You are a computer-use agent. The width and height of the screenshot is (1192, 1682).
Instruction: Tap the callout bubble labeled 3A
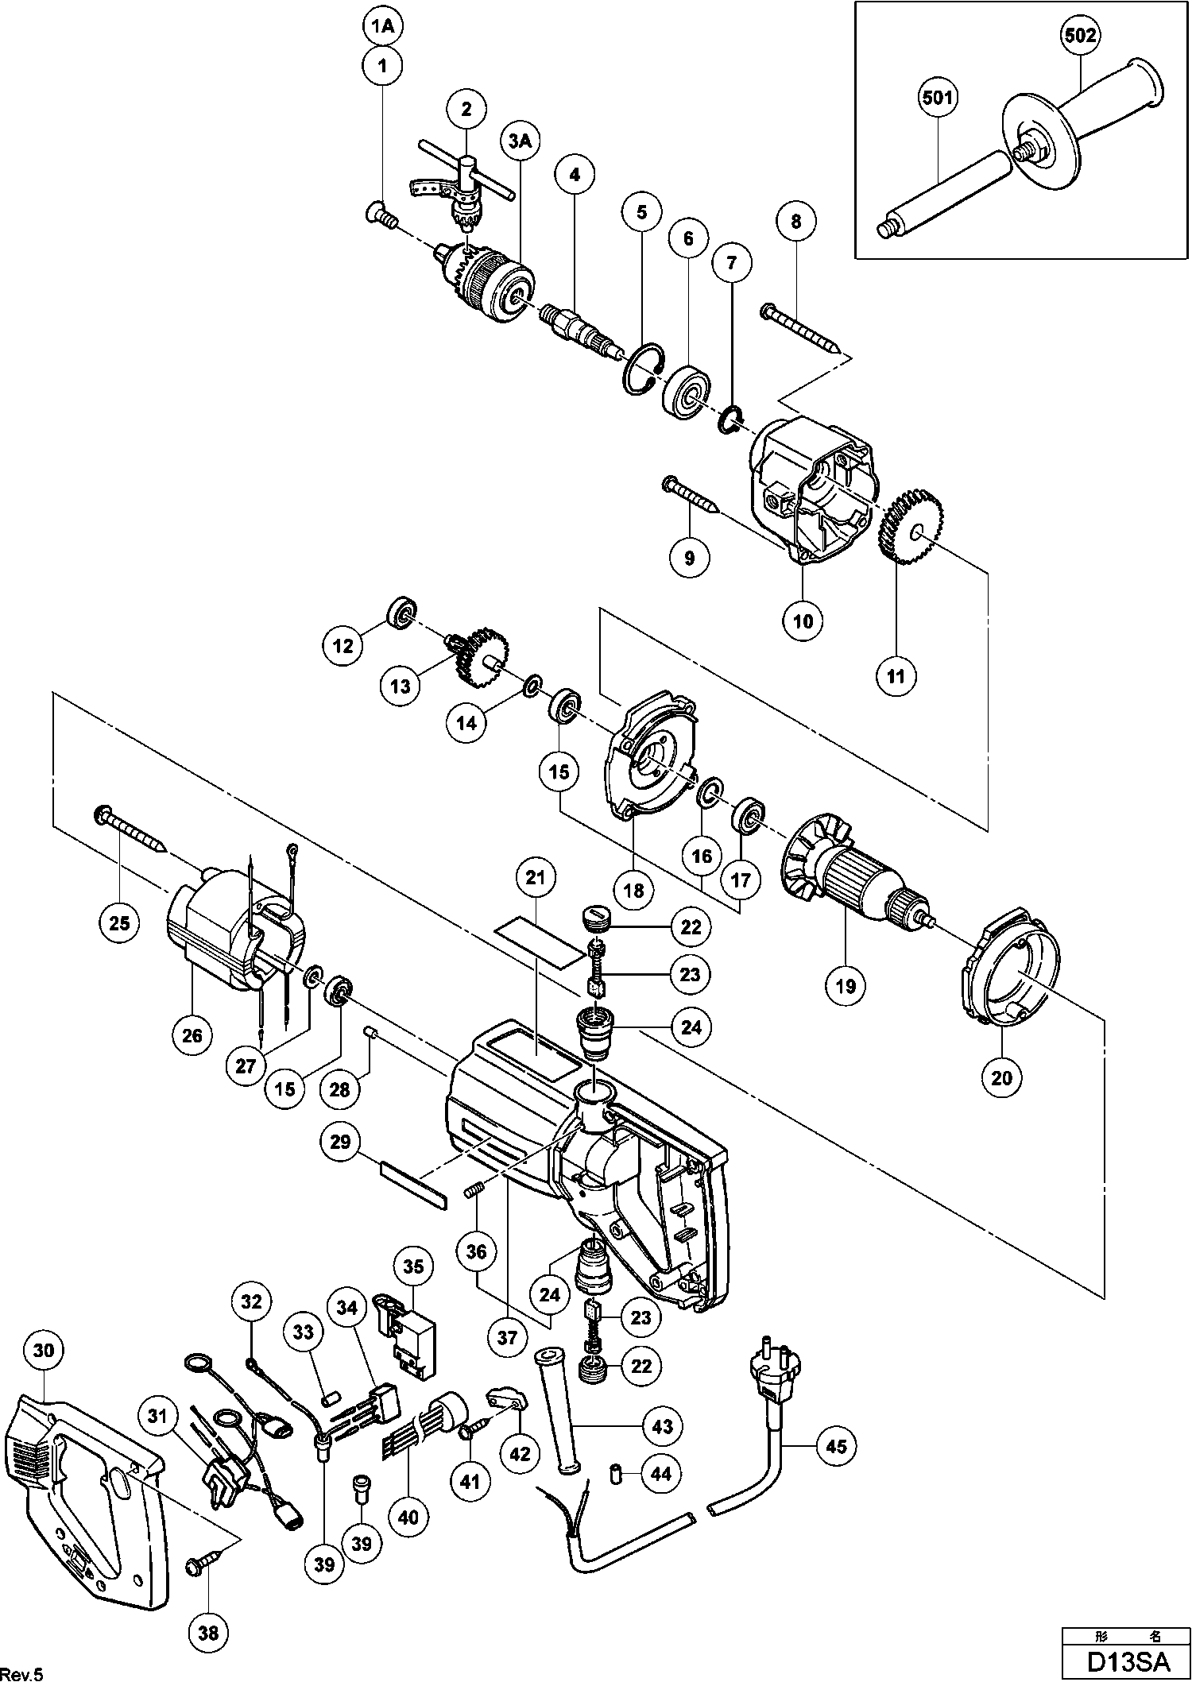tap(520, 141)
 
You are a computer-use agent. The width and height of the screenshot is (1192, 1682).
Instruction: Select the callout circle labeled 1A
tap(383, 26)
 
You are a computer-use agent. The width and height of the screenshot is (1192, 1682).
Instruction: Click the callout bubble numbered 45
tap(837, 1445)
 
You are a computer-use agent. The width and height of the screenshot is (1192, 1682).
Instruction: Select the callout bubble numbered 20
tap(1002, 1077)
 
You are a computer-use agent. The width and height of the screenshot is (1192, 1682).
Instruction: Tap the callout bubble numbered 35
tap(414, 1266)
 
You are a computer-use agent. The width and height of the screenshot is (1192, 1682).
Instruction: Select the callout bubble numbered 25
tap(119, 922)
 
